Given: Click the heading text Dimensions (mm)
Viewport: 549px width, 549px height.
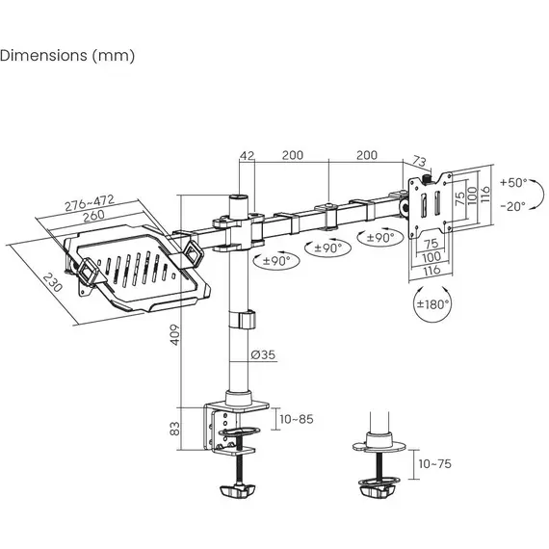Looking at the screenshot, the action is coord(67,56).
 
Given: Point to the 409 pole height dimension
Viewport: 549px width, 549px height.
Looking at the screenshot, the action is coord(174,335).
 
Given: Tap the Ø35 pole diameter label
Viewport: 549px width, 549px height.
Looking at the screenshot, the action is coord(263,354).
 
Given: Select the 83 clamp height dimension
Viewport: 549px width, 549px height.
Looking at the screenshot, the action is coord(174,429).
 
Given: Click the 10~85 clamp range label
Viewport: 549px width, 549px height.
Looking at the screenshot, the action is coord(297,419).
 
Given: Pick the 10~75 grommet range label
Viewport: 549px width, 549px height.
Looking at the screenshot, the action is coord(434,464).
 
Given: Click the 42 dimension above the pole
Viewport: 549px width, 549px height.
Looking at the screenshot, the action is coord(248,155).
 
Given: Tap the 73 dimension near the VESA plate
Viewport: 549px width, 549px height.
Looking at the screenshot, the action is coord(419,161).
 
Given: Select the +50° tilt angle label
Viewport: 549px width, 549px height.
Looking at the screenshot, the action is coord(513,182).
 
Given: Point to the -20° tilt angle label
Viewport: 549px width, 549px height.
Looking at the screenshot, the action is coord(513,206).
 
